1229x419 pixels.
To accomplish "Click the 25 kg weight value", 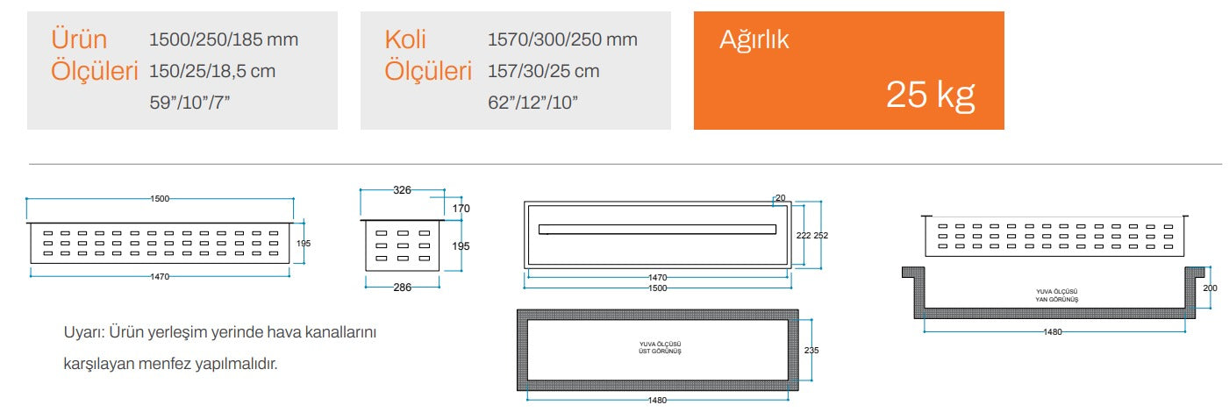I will click(930, 95).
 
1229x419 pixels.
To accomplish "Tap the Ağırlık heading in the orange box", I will click(754, 39).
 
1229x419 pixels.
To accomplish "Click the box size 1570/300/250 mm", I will click(562, 39).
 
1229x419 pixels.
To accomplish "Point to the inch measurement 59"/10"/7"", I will click(189, 103).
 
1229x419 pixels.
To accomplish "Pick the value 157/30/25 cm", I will click(543, 71).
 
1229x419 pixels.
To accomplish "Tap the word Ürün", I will click(79, 39).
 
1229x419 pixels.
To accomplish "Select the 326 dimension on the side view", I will click(402, 189).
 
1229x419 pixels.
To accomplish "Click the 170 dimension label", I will click(461, 209).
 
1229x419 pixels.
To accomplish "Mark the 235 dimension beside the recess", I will click(812, 349).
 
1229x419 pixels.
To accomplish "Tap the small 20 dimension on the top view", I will click(781, 198).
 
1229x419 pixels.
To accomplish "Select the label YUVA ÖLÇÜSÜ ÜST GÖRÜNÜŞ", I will click(658, 348).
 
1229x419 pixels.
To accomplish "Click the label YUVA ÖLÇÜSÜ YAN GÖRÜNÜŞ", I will click(1056, 295).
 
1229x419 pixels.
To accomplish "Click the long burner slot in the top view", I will click(657, 230).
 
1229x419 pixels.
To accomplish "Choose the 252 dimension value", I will click(821, 236).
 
